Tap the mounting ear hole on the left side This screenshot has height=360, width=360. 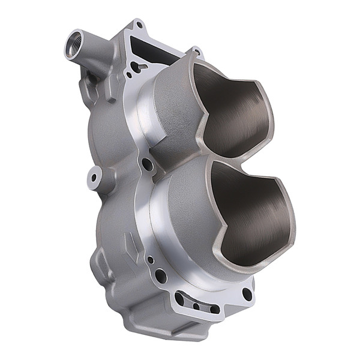(x=93, y=177)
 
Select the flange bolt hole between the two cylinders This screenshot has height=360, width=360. (x=147, y=163)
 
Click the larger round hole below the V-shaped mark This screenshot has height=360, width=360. (x=161, y=276)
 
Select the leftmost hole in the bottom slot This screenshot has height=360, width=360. (x=180, y=298)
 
